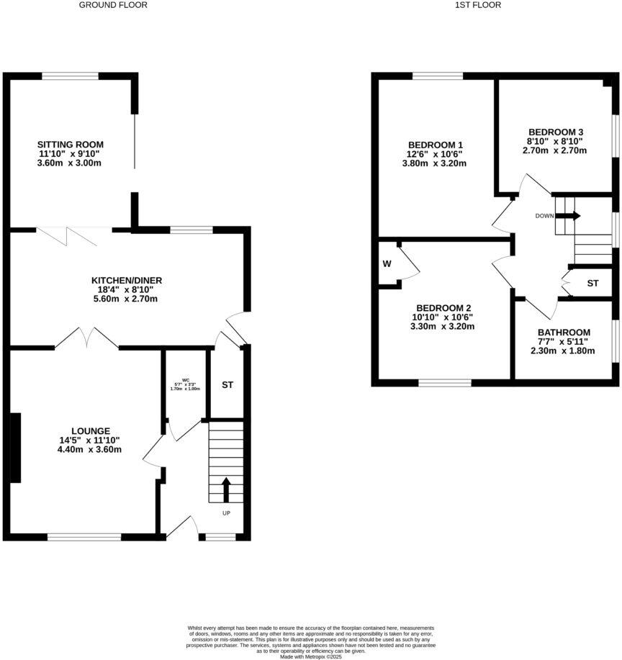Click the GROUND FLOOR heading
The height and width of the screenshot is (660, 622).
[113, 5]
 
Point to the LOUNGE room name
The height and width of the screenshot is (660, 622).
[91, 430]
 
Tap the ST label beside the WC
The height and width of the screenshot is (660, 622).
[227, 385]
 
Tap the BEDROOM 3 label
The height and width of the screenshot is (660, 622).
[555, 132]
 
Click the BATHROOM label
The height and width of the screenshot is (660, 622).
[564, 332]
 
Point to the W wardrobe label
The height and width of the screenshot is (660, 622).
[387, 263]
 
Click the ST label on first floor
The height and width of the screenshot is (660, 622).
[592, 284]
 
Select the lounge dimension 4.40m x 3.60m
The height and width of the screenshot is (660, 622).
[91, 450]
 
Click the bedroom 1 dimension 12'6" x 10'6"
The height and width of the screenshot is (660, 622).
[434, 153]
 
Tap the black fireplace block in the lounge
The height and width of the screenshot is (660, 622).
[15, 448]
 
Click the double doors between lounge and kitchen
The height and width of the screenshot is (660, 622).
[86, 336]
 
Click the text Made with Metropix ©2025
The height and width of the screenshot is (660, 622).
[311, 656]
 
